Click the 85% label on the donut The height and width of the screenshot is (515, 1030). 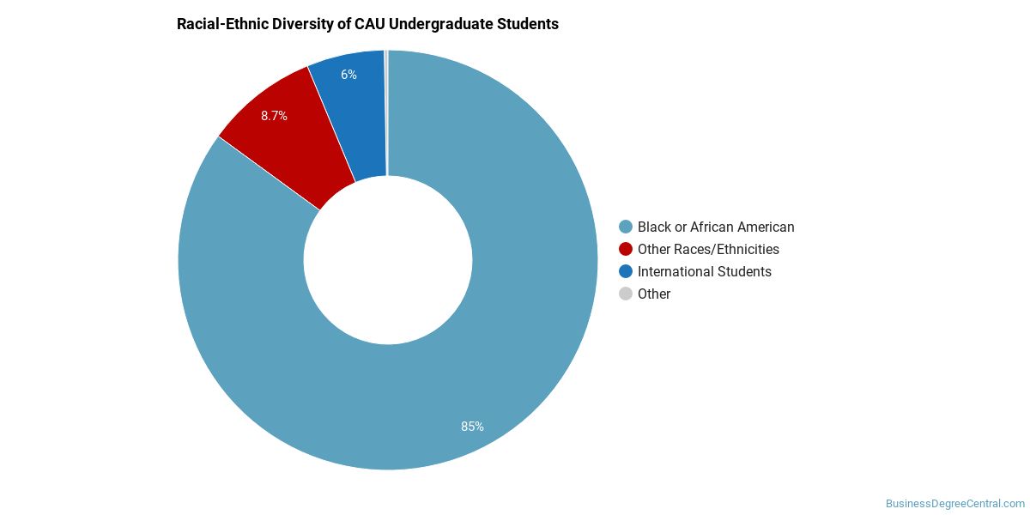coord(472,427)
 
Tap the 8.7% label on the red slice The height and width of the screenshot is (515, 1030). coord(274,116)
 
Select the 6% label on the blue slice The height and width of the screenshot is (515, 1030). coord(348,75)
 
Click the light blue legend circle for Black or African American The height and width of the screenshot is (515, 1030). coord(626,227)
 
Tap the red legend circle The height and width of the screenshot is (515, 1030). coord(626,249)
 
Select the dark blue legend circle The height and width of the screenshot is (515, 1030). coord(626,271)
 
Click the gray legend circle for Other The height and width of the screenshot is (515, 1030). coord(626,294)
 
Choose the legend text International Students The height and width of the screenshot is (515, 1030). coord(705,271)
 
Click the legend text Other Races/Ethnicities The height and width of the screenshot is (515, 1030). coord(708,249)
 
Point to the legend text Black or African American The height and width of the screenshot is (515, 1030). coord(716,227)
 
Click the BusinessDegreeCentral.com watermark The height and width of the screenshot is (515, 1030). coord(955,504)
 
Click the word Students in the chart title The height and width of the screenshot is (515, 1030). coord(527,24)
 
